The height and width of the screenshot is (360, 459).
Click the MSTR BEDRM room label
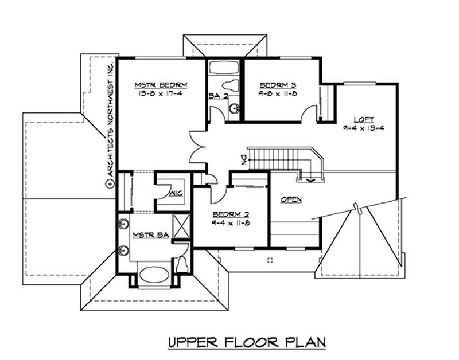tap(161, 85)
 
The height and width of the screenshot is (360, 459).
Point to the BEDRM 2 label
tap(227, 215)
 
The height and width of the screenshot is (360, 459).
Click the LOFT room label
tap(363, 119)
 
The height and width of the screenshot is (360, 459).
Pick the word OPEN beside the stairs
tap(291, 199)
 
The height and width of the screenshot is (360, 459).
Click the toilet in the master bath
tap(182, 264)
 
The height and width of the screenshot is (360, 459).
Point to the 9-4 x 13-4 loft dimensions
tap(363, 128)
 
